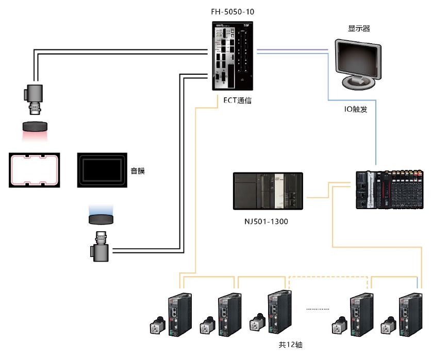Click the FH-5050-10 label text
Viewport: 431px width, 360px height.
click(x=233, y=11)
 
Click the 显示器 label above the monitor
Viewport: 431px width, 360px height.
click(x=359, y=29)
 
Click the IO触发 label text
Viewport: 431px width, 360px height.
click(x=356, y=109)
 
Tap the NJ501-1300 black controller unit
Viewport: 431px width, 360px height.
click(x=269, y=191)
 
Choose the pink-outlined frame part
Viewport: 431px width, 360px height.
click(x=34, y=170)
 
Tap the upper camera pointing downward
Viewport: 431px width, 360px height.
click(x=35, y=98)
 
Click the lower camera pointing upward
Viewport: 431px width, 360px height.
click(x=100, y=248)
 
